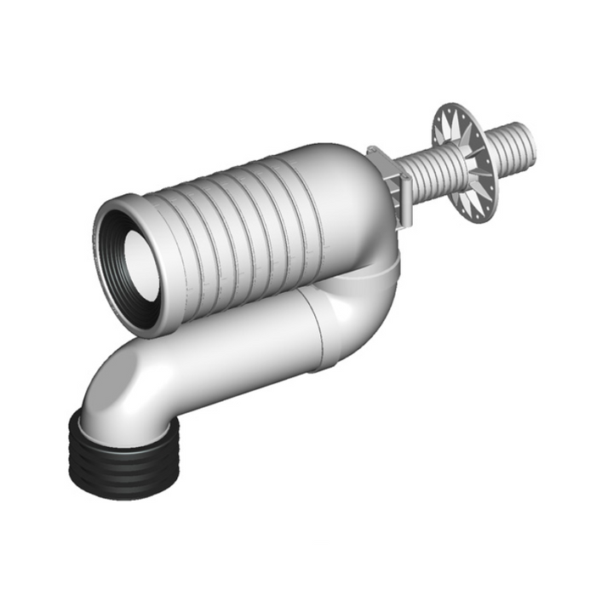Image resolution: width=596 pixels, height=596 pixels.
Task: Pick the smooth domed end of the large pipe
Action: pyautogui.click(x=341, y=196)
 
